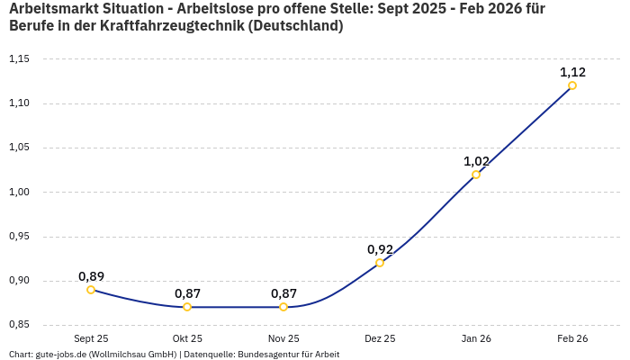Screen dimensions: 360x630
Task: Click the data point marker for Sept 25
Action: click(91, 290)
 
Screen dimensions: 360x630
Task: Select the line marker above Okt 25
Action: click(187, 307)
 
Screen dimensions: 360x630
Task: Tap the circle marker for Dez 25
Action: click(380, 263)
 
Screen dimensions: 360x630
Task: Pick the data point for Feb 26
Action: click(572, 85)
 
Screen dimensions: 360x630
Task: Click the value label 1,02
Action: click(476, 161)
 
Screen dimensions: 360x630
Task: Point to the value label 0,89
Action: click(91, 276)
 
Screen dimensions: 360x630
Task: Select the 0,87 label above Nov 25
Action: click(283, 293)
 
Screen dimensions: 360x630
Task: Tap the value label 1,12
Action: click(572, 72)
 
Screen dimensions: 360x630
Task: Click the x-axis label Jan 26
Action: click(476, 338)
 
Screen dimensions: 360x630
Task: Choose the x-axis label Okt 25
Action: click(187, 338)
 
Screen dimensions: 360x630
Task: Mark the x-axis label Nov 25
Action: click(283, 338)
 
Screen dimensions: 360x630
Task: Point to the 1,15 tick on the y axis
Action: click(19, 59)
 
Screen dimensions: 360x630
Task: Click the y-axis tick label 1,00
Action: click(19, 192)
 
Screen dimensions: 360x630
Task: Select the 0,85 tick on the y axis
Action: click(19, 325)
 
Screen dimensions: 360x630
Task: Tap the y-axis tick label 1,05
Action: click(19, 148)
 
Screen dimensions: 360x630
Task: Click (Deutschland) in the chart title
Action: click(295, 26)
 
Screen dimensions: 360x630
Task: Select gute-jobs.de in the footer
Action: click(61, 355)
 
